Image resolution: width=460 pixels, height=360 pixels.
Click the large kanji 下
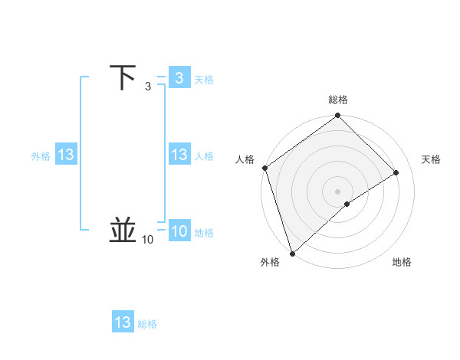[x=123, y=78]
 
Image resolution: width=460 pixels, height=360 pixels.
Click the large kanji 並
[x=123, y=230]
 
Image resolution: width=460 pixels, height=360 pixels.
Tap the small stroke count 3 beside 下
[x=148, y=87]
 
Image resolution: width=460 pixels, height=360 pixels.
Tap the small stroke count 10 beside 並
[x=148, y=240]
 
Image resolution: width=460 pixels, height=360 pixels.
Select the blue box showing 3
[x=179, y=78]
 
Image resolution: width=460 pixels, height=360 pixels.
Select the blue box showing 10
[x=179, y=231]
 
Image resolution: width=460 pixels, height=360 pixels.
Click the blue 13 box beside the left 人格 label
[x=179, y=155]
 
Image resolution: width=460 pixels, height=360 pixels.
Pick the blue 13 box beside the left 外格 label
[x=66, y=155]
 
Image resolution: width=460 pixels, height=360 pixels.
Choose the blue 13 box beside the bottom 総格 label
[x=123, y=322]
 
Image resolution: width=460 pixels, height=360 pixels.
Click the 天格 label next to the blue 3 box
[x=204, y=80]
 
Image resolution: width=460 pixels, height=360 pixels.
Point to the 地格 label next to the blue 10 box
[x=204, y=233]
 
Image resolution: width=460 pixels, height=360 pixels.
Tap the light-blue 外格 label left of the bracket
[x=41, y=156]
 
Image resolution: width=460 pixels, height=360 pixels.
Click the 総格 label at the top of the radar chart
[x=338, y=100]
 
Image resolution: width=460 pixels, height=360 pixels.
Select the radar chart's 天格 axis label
[x=432, y=159]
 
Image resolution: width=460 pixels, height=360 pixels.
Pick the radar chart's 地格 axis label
[x=402, y=262]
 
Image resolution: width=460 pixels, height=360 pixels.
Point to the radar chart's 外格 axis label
[x=270, y=262]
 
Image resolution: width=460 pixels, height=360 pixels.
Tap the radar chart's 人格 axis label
[x=245, y=159]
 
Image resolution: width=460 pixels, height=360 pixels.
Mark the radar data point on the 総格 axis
[x=338, y=116]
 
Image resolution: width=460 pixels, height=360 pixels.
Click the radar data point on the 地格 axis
[x=347, y=204]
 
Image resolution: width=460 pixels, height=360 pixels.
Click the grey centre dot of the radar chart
[x=337, y=191]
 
